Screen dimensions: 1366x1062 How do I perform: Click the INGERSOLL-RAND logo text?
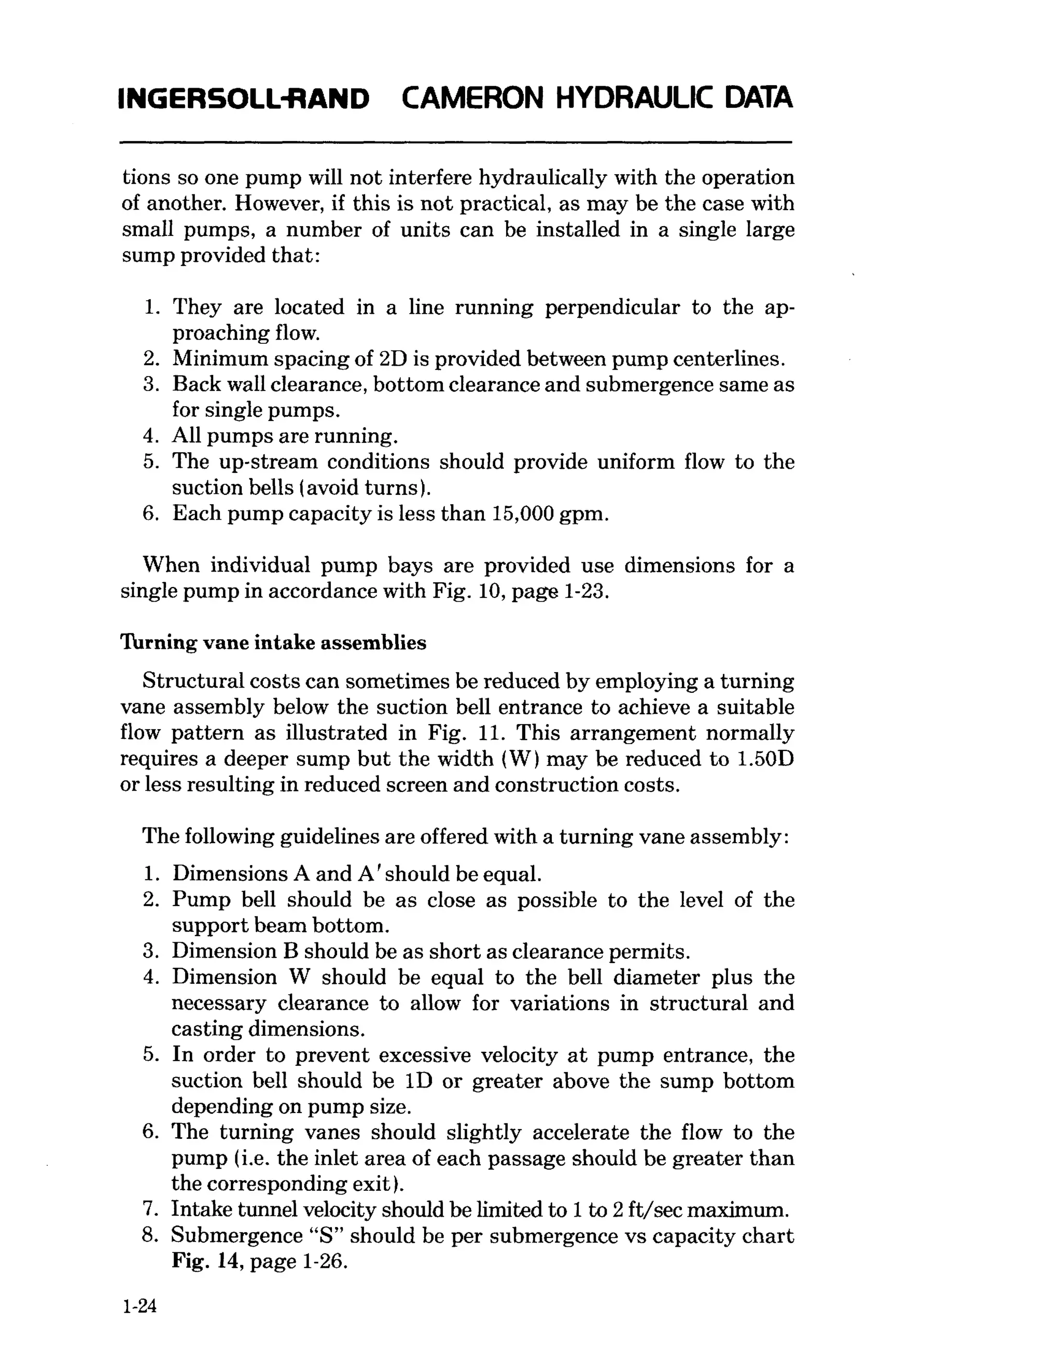click(243, 99)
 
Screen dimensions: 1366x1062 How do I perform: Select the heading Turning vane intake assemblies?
click(273, 643)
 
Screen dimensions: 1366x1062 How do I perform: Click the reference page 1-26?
click(297, 1261)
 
